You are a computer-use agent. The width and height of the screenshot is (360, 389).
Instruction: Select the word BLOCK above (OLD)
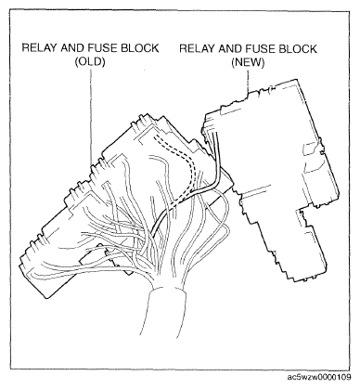click(140, 48)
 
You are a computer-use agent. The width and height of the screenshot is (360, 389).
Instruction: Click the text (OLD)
click(90, 62)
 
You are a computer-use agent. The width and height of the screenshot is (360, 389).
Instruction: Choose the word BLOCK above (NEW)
click(298, 49)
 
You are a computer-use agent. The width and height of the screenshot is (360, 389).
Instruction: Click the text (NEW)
click(248, 62)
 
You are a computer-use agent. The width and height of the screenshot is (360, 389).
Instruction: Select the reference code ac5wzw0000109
click(318, 377)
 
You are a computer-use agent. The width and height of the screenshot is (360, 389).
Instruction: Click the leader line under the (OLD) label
click(91, 117)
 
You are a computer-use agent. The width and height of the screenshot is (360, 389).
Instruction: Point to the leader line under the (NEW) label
click(248, 82)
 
